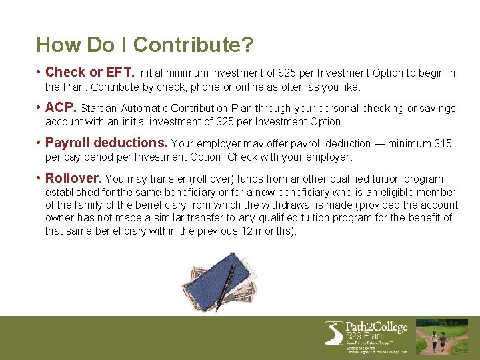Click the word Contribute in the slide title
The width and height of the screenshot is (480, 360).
tap(193, 45)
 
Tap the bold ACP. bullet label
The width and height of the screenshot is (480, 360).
tap(61, 107)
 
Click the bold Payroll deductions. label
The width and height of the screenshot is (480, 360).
tap(106, 143)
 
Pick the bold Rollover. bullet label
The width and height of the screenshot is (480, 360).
tap(73, 178)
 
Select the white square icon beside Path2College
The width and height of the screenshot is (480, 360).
tap(333, 333)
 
